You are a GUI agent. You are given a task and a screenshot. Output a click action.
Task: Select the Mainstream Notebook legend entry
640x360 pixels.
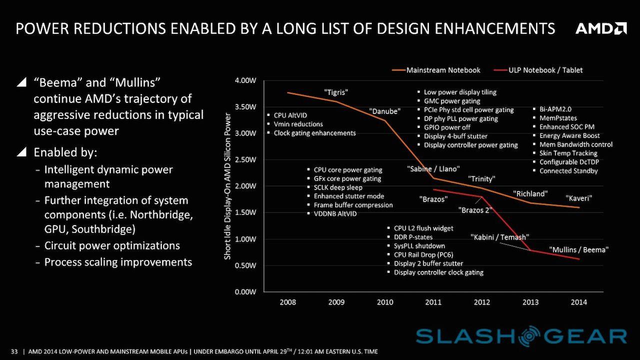443,70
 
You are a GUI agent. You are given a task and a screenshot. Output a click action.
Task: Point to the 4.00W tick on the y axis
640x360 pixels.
245,80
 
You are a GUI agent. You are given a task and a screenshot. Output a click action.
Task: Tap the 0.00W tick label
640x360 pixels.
245,291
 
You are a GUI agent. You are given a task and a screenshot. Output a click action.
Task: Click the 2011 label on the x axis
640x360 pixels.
433,302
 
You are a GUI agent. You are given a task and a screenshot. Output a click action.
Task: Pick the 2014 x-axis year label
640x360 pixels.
579,302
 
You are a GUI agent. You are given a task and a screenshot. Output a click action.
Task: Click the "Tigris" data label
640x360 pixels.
336,92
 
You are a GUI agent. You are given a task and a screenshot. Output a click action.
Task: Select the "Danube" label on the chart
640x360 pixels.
384,111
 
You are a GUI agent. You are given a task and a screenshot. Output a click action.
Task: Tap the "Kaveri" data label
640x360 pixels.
578,198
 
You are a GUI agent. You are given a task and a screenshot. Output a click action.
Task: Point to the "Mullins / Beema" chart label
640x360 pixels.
580,249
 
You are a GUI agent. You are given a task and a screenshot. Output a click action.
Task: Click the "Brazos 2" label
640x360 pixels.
474,210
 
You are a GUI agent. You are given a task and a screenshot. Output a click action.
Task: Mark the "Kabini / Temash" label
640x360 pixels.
499,237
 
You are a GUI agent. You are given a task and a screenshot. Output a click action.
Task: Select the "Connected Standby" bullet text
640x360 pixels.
568,171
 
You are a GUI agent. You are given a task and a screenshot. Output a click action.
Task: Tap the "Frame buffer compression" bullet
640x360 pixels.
353,205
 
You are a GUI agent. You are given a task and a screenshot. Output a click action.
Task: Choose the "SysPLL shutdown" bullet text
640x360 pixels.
419,246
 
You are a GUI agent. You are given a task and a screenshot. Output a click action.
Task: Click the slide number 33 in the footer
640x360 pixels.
14,351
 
